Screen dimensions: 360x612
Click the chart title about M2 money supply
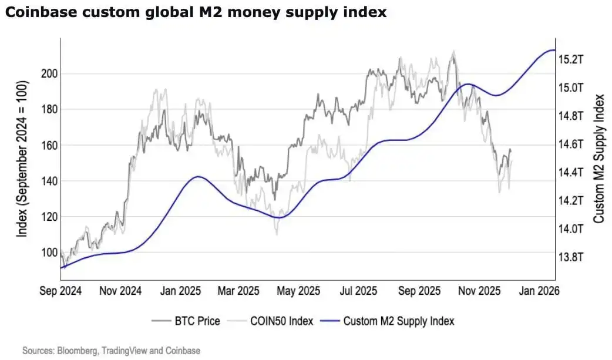click(196, 12)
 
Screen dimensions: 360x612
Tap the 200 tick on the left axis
click(49, 73)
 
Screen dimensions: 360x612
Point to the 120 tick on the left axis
click(49, 217)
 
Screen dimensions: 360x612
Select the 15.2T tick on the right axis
click(570, 59)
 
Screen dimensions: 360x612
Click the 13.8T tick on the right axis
click(570, 257)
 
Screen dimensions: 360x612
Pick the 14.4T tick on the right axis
click(570, 173)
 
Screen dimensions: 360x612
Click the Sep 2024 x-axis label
click(60, 291)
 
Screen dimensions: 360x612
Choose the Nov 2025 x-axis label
click(479, 291)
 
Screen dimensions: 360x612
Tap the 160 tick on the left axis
click(49, 145)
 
